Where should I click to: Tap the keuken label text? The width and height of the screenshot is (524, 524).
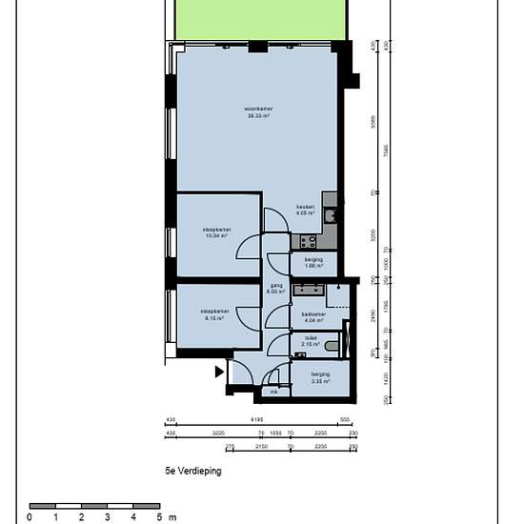pyautogui.click(x=305, y=211)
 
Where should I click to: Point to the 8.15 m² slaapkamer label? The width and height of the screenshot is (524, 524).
pyautogui.click(x=213, y=314)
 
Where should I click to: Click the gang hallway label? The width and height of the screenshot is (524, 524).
pyautogui.click(x=276, y=288)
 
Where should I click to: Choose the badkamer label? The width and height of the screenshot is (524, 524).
pyautogui.click(x=314, y=316)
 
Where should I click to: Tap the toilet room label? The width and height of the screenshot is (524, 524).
pyautogui.click(x=311, y=340)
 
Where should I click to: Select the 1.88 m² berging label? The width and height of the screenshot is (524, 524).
pyautogui.click(x=314, y=263)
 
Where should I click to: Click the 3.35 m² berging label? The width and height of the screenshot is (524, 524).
pyautogui.click(x=320, y=377)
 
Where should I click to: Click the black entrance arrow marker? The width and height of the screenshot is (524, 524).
pyautogui.click(x=219, y=372)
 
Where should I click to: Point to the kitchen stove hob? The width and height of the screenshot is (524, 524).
pyautogui.click(x=330, y=199)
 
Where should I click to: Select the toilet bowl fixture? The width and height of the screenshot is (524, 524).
pyautogui.click(x=331, y=345)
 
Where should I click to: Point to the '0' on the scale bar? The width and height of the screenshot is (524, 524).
pyautogui.click(x=30, y=517)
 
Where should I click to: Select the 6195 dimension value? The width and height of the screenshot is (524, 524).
pyautogui.click(x=256, y=419)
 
